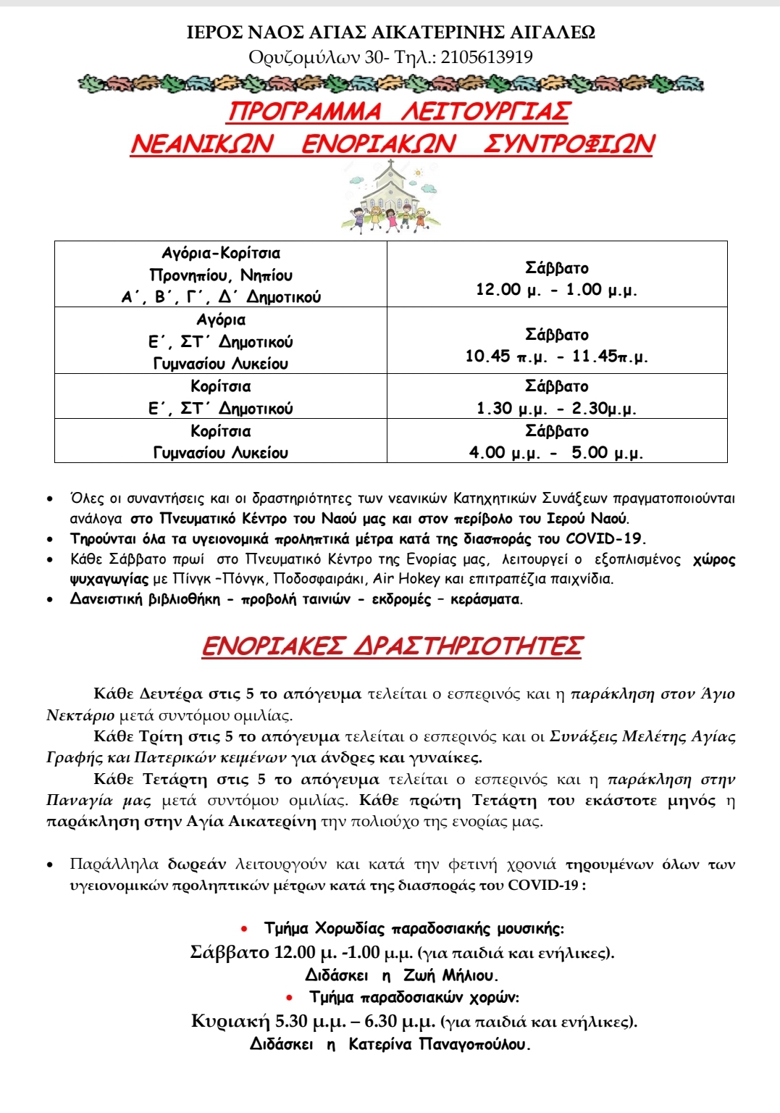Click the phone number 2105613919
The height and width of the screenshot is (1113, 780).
(486, 57)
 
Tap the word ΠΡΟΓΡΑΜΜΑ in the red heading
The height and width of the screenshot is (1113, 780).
(305, 112)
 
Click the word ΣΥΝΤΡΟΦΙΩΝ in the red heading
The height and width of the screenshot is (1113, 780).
(569, 143)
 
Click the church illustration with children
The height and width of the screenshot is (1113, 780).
(390, 198)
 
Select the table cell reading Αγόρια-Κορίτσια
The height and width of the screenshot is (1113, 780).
(221, 254)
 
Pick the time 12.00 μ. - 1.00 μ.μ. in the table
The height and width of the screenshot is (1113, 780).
(556, 290)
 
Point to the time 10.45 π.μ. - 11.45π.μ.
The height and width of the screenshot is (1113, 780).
(556, 357)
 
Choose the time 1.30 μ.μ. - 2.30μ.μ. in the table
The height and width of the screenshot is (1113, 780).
(556, 409)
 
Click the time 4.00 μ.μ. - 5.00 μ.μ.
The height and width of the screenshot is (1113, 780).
(556, 453)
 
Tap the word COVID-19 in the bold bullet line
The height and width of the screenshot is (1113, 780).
(604, 539)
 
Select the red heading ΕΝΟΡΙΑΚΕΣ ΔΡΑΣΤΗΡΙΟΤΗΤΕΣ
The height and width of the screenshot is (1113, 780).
(391, 646)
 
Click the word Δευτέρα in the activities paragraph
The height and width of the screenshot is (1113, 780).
(171, 694)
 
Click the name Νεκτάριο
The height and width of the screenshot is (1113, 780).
(80, 716)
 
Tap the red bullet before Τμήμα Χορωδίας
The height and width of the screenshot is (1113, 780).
(246, 928)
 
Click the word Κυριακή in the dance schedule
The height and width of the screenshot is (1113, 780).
(230, 1022)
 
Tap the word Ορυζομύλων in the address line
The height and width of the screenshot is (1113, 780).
(304, 57)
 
